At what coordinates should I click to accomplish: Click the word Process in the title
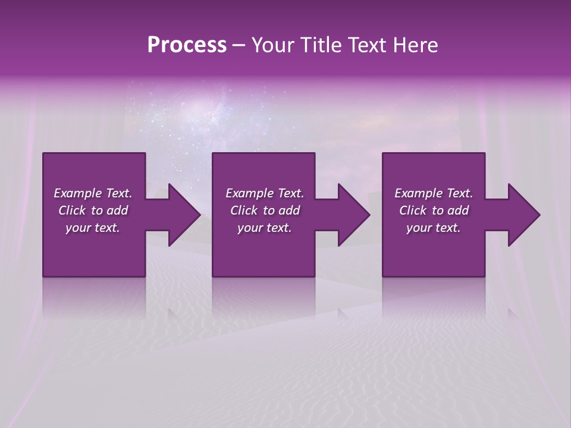point(187,45)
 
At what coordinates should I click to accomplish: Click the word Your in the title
point(272,45)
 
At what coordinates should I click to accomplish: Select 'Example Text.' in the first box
point(93,193)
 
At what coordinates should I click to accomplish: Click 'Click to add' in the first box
point(93,210)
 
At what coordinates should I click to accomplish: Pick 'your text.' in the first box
point(93,228)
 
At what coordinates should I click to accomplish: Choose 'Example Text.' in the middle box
point(265,193)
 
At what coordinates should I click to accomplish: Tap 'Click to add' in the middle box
point(265,210)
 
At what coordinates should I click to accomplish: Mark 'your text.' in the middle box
point(265,228)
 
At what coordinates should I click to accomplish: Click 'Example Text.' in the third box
point(434,193)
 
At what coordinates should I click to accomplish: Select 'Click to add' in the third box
point(434,210)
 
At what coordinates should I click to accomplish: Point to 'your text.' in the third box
point(434,228)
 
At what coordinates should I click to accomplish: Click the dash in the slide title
point(239,45)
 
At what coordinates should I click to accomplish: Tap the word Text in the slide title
point(364,45)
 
